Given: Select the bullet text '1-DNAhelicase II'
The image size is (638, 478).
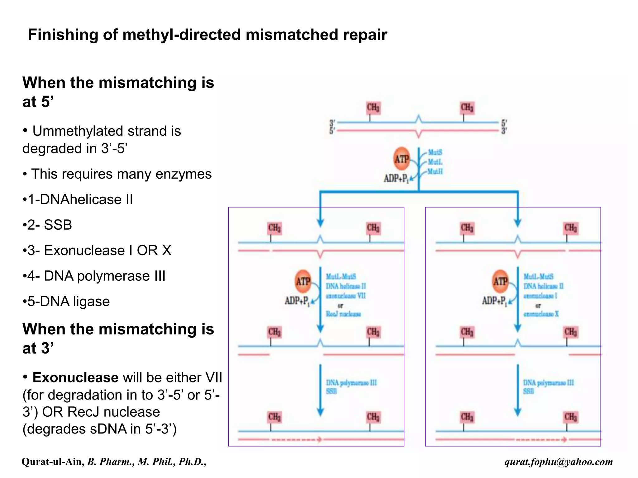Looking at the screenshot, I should pyautogui.click(x=80, y=199).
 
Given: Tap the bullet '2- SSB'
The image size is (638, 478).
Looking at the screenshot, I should pyautogui.click(x=50, y=225).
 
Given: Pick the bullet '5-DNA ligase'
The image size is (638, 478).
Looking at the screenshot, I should pyautogui.click(x=69, y=302).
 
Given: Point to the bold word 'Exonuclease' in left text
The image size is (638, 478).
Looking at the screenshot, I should pyautogui.click(x=75, y=377).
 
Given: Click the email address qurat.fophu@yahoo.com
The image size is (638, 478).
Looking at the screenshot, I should pyautogui.click(x=559, y=462).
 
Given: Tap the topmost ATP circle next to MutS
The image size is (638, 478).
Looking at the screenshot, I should pyautogui.click(x=402, y=159).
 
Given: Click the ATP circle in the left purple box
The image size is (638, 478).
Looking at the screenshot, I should pyautogui.click(x=303, y=281).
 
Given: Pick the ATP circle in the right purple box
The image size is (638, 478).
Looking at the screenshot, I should pyautogui.click(x=500, y=281).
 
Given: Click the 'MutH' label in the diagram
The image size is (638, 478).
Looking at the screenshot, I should pyautogui.click(x=435, y=171).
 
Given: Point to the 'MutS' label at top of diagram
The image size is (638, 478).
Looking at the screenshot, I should pyautogui.click(x=435, y=152).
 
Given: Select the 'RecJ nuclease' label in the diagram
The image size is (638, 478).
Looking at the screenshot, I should pyautogui.click(x=343, y=314).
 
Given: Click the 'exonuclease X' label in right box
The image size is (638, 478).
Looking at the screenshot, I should pyautogui.click(x=541, y=314).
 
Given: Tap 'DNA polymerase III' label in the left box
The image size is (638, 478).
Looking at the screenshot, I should pyautogui.click(x=351, y=383).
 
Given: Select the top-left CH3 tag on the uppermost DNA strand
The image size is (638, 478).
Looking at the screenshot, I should pyautogui.click(x=373, y=108).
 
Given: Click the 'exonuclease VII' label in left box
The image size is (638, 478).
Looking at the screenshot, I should pyautogui.click(x=346, y=296).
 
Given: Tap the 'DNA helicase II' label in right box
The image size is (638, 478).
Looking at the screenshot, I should pyautogui.click(x=543, y=286).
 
